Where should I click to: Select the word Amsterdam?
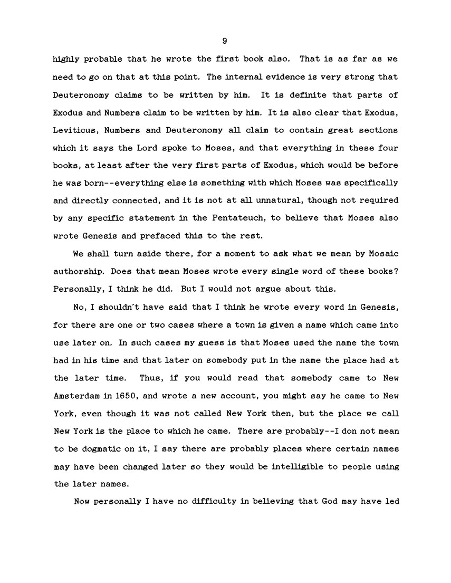(x=74, y=396)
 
